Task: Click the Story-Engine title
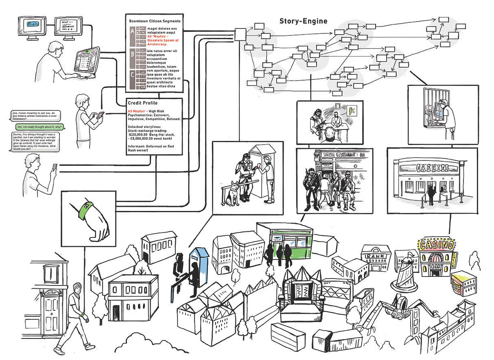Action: (x=303, y=21)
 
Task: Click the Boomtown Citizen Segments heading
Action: (x=155, y=21)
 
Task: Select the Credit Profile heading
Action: (x=142, y=103)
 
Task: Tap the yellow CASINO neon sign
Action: (x=436, y=245)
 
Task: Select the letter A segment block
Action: (x=132, y=31)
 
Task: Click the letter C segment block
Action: (x=132, y=75)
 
